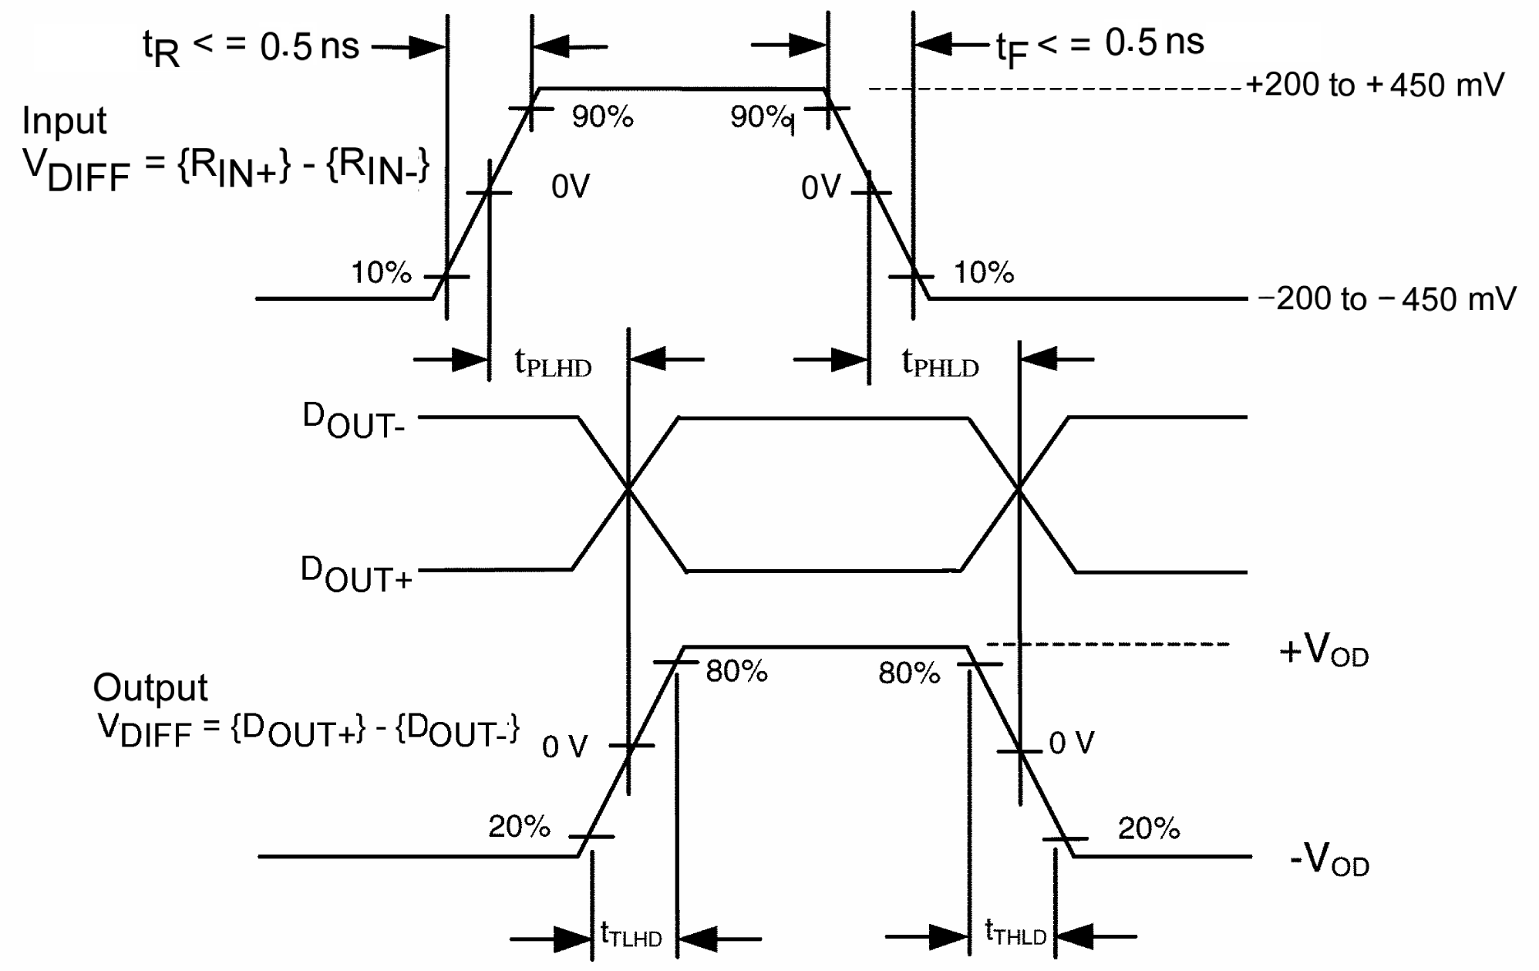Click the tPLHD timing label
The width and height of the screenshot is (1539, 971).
coord(553,362)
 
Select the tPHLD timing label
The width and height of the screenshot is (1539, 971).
coord(940,362)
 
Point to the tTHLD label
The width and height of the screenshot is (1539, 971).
coord(1015,933)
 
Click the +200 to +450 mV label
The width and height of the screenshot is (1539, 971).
coord(1375,85)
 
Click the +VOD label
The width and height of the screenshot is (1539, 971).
coord(1324,652)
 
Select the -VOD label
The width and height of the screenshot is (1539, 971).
coord(1329,860)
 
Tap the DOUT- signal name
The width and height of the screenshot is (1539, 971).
coord(353,421)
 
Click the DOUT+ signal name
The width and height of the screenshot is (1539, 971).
coord(356,575)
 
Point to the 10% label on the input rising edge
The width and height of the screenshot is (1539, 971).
coord(381,272)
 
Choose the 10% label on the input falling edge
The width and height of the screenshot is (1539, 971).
coord(984,272)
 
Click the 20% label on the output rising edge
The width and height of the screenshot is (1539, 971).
coord(519,827)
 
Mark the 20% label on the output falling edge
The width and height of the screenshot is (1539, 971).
coord(1149,828)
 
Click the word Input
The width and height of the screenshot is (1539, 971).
coord(64,121)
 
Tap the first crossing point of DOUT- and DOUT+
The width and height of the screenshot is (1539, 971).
coord(629,489)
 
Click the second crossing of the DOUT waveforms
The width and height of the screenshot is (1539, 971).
coord(1019,489)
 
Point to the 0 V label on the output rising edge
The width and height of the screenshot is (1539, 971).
coord(564,747)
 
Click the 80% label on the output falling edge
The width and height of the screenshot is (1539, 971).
coord(909,673)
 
